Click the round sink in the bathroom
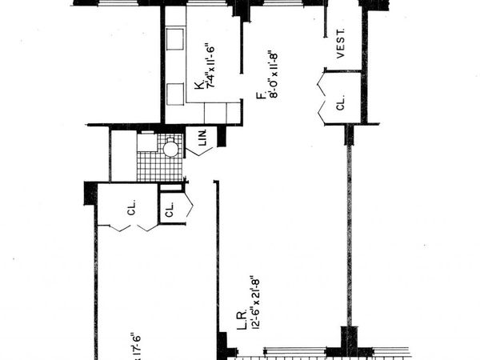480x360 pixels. point(170,148)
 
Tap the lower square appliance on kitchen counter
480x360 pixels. point(174,88)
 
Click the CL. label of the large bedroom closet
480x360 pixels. point(130,213)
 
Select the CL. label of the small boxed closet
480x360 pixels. point(170,213)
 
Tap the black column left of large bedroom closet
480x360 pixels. point(90,194)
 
